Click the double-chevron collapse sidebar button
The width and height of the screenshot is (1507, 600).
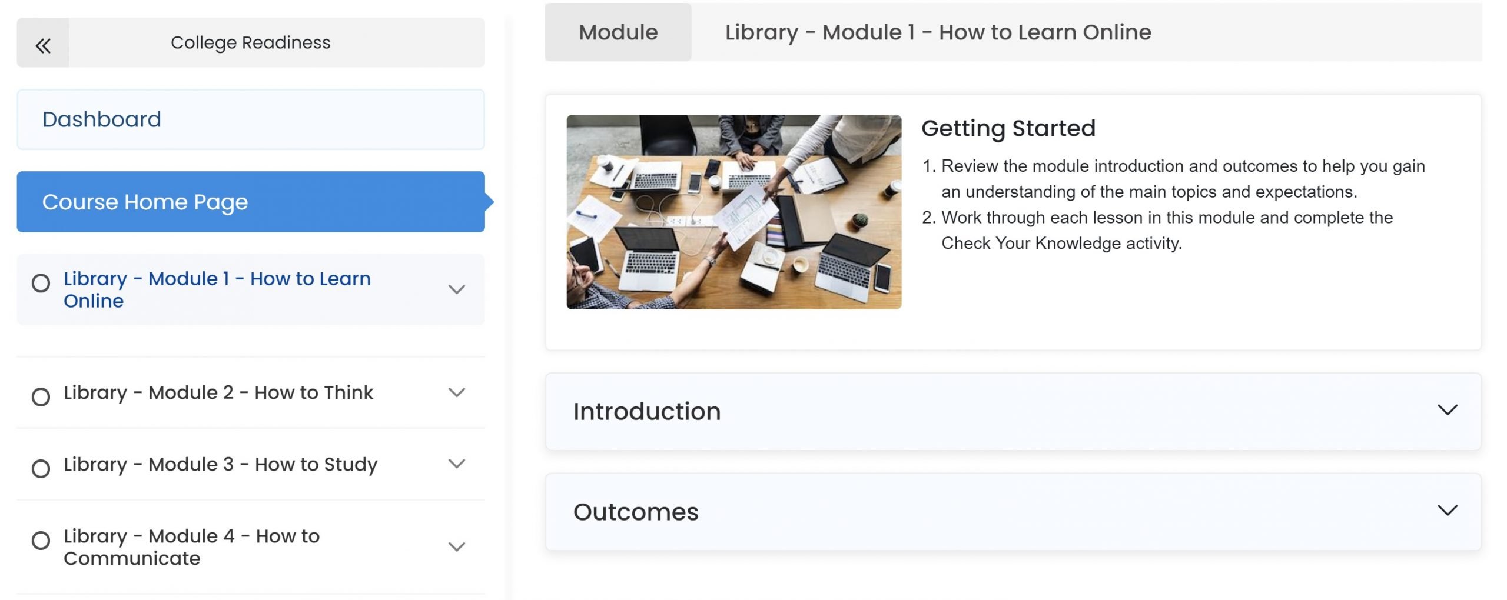pyautogui.click(x=43, y=45)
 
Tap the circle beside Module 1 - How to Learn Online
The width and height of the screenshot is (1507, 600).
pyautogui.click(x=41, y=284)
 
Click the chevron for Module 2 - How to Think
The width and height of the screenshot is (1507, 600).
pyautogui.click(x=457, y=392)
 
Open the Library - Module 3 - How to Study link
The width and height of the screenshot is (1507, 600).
pyautogui.click(x=220, y=464)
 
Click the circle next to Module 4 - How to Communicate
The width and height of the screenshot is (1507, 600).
pyautogui.click(x=41, y=541)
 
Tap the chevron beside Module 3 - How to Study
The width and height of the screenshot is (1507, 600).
pyautogui.click(x=457, y=464)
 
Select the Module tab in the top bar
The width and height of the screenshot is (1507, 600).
pyautogui.click(x=618, y=32)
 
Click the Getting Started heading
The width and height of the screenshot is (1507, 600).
pyautogui.click(x=1008, y=128)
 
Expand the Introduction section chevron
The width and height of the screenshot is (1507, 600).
pyautogui.click(x=1448, y=409)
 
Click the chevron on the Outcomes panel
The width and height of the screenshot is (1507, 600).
pyautogui.click(x=1448, y=510)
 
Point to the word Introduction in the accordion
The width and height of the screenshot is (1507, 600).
pyautogui.click(x=647, y=412)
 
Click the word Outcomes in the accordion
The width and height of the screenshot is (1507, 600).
pyautogui.click(x=636, y=512)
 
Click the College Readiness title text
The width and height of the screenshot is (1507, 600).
pyautogui.click(x=251, y=43)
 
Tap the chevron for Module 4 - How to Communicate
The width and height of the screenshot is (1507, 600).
pyautogui.click(x=457, y=546)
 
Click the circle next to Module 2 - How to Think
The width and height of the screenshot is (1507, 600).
pyautogui.click(x=41, y=397)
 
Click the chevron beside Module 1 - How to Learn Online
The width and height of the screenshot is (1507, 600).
pyautogui.click(x=457, y=289)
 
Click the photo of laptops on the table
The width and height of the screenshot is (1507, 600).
pyautogui.click(x=733, y=212)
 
